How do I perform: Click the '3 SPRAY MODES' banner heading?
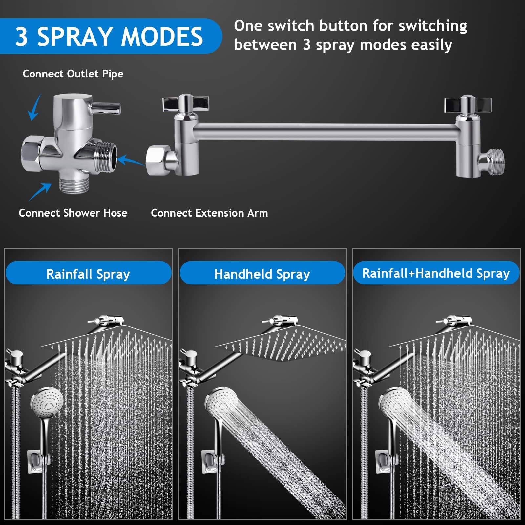[109, 36]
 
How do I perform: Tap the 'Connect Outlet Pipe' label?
[73, 74]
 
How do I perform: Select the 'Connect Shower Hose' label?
[73, 213]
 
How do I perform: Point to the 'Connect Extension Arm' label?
[209, 213]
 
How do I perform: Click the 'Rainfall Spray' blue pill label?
[88, 273]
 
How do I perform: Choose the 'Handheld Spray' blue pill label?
[262, 273]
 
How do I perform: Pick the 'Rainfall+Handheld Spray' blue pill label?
[436, 273]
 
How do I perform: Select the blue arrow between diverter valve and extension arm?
[131, 161]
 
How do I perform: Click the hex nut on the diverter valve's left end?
[31, 153]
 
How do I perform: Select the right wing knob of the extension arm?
[468, 104]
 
